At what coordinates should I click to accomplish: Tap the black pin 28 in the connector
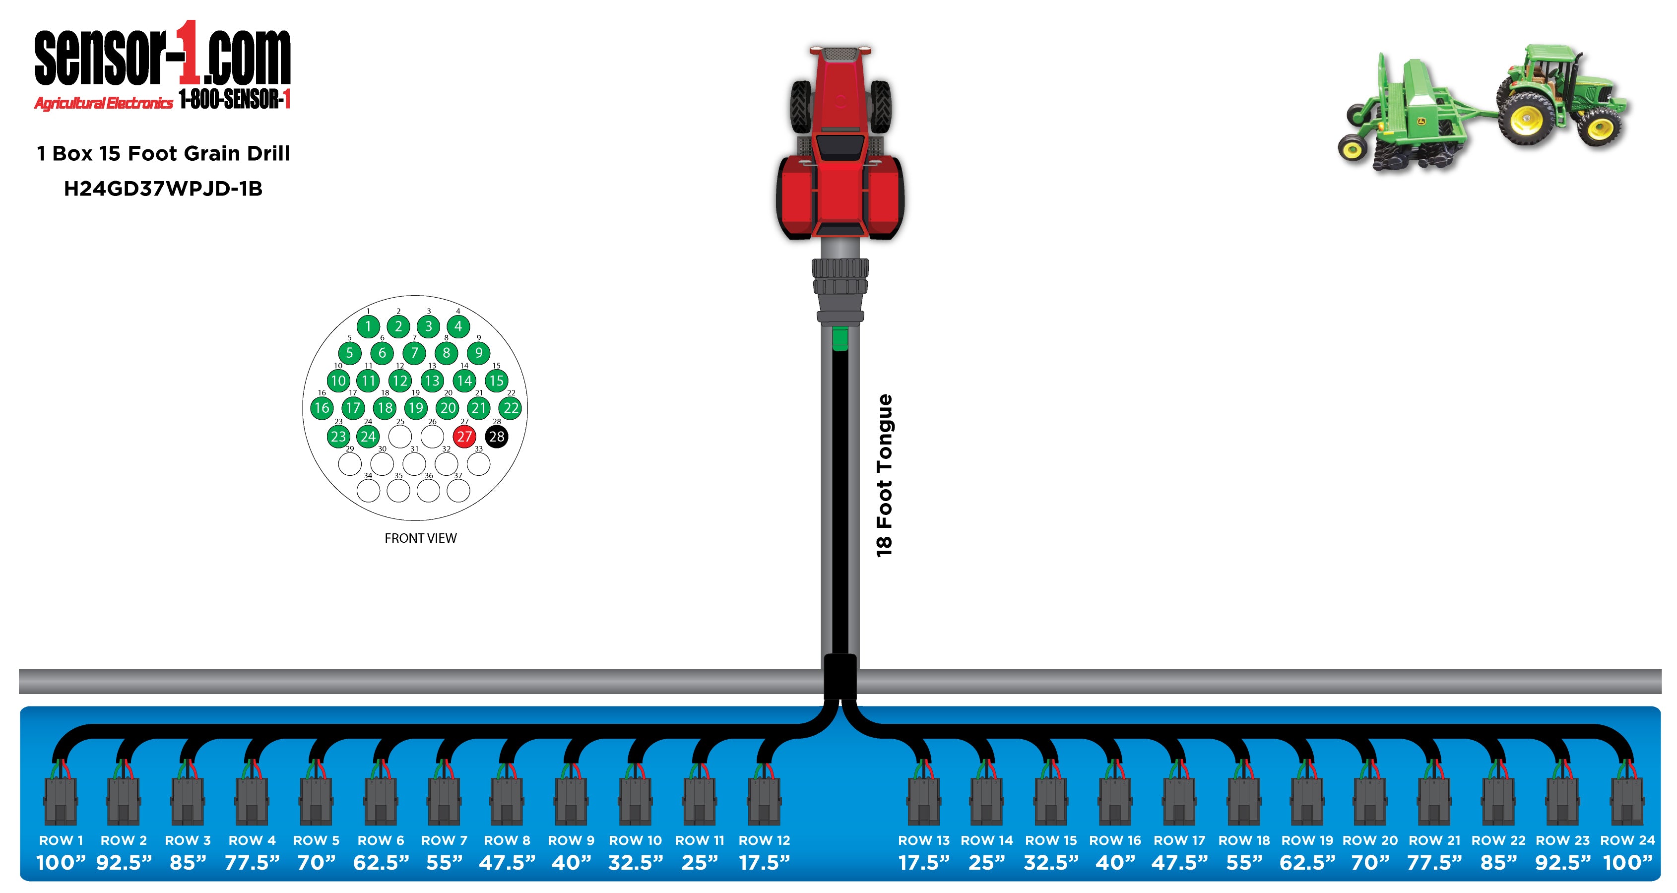click(497, 436)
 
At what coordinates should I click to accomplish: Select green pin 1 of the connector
click(369, 326)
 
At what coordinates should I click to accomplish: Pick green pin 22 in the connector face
click(511, 408)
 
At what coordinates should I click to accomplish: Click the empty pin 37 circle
click(458, 491)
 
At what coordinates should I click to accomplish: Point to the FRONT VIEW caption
click(421, 538)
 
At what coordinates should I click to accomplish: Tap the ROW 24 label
click(1627, 840)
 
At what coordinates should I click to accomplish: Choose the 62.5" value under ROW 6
click(382, 863)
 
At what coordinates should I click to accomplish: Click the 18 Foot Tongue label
click(884, 475)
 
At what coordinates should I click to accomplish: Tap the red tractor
click(840, 143)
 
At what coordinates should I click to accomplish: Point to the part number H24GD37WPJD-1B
click(163, 189)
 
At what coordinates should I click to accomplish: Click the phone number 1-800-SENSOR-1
click(234, 100)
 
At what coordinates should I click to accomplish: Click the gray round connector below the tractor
click(840, 286)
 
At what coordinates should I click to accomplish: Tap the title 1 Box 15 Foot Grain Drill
click(163, 154)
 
